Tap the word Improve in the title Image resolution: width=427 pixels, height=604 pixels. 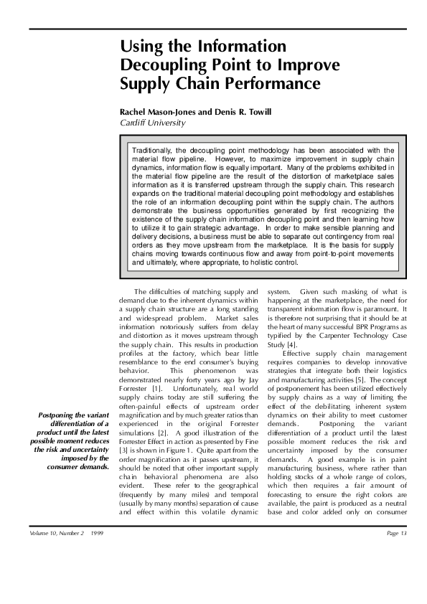click(x=307, y=65)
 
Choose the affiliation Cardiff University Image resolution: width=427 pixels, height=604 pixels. click(x=153, y=123)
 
